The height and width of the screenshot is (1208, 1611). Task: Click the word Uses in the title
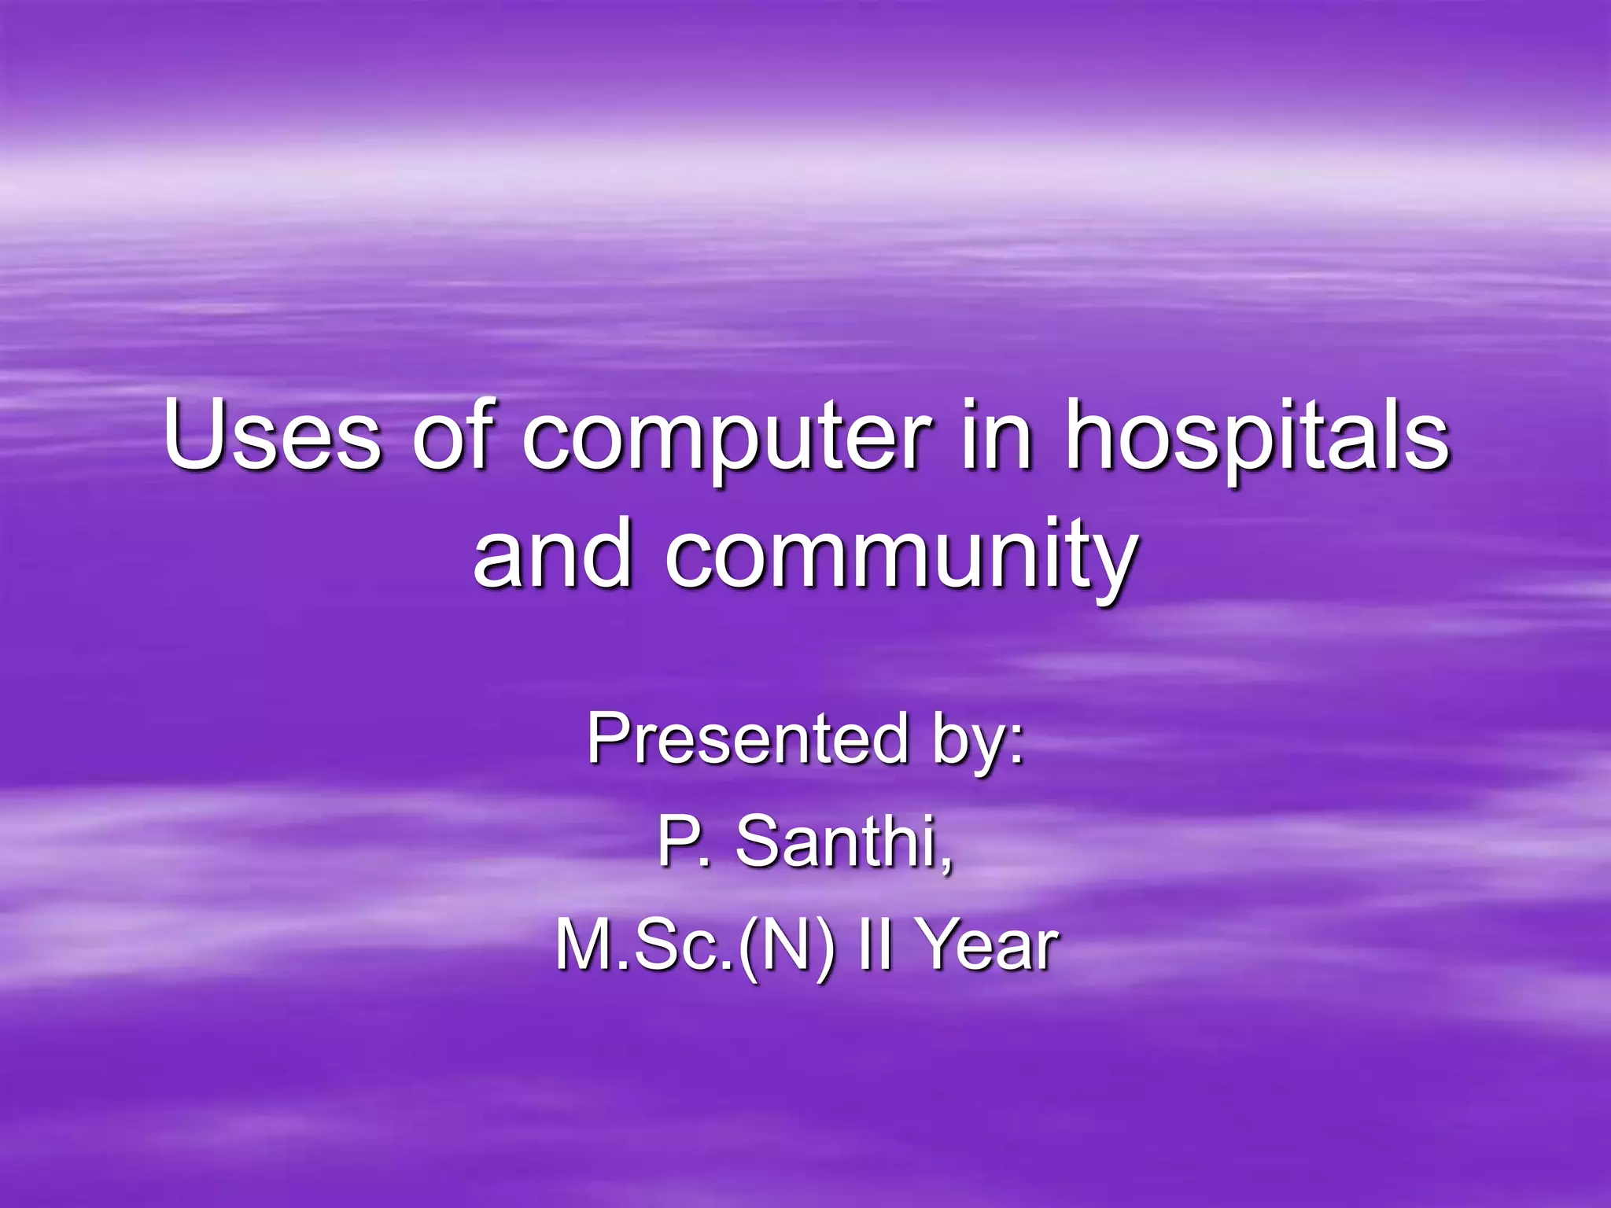coord(272,436)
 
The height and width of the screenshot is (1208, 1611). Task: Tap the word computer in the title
coord(728,440)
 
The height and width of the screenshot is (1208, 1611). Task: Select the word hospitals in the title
coord(1256,440)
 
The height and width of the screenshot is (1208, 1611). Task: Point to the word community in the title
coord(901,557)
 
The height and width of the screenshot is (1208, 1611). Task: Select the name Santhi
coord(845,841)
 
